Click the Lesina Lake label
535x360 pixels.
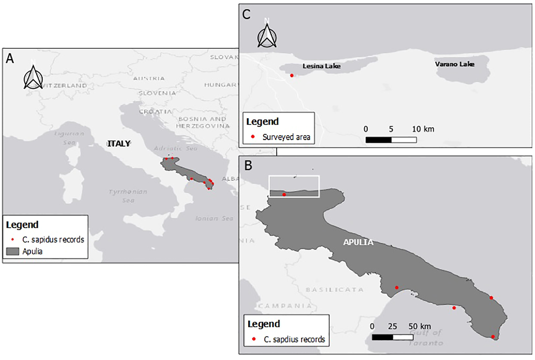point(321,66)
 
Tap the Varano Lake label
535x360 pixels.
point(454,64)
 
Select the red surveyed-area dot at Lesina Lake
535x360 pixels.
point(292,75)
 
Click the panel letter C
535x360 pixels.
point(246,15)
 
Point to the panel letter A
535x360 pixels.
point(10,58)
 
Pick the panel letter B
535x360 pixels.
point(248,165)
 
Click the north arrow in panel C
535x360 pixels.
point(267,35)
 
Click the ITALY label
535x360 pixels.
point(119,143)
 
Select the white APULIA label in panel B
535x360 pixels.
point(358,242)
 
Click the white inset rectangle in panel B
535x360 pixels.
point(294,187)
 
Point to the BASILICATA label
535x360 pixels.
point(334,290)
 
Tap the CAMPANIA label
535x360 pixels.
point(285,306)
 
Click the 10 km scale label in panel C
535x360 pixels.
point(423,129)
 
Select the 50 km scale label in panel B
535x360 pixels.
point(420,327)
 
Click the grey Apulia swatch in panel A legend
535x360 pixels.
point(13,251)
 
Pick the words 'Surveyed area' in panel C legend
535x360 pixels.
point(286,137)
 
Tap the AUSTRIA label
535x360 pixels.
point(149,78)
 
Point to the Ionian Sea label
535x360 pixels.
point(214,218)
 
